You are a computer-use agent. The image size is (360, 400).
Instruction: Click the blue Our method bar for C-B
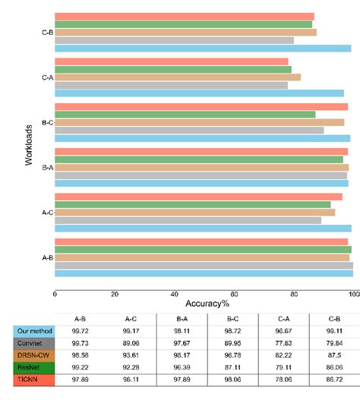point(202,49)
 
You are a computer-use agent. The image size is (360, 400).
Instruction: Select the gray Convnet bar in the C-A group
point(171,85)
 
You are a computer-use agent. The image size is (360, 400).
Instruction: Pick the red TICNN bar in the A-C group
point(198,197)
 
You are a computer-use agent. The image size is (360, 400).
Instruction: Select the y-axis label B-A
point(47,168)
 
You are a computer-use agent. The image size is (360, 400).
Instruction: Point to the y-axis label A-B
point(47,257)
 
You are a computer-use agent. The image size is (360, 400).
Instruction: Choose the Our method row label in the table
point(34,332)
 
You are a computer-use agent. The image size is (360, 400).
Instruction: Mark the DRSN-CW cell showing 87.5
point(333,355)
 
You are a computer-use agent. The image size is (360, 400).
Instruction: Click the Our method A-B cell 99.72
point(79,332)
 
